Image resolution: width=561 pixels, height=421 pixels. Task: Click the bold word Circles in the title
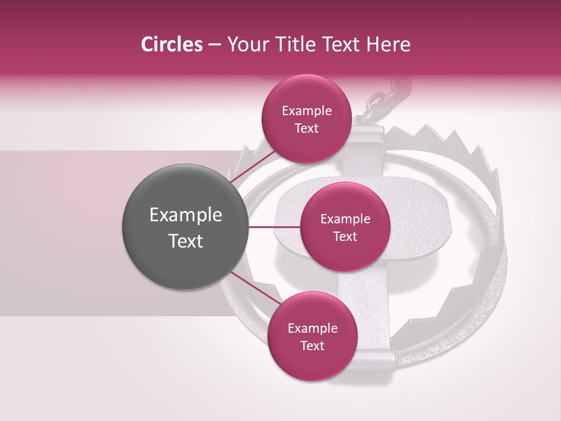[171, 44]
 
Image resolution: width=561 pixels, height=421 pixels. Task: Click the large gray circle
[185, 227]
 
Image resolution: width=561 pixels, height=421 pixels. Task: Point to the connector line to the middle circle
[273, 226]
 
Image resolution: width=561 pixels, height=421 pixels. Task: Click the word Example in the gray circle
[185, 215]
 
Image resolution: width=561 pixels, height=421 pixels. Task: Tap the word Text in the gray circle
[185, 241]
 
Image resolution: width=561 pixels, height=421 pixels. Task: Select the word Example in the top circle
[306, 111]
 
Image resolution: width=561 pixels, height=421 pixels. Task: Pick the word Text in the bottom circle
[312, 346]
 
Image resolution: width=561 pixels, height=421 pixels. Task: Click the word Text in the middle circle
[345, 236]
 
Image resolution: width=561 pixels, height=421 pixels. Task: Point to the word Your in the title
[245, 44]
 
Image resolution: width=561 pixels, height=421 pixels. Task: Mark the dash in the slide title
[214, 45]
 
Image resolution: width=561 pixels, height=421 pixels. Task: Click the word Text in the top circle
[306, 128]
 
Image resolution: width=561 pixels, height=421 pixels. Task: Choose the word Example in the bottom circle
[312, 329]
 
